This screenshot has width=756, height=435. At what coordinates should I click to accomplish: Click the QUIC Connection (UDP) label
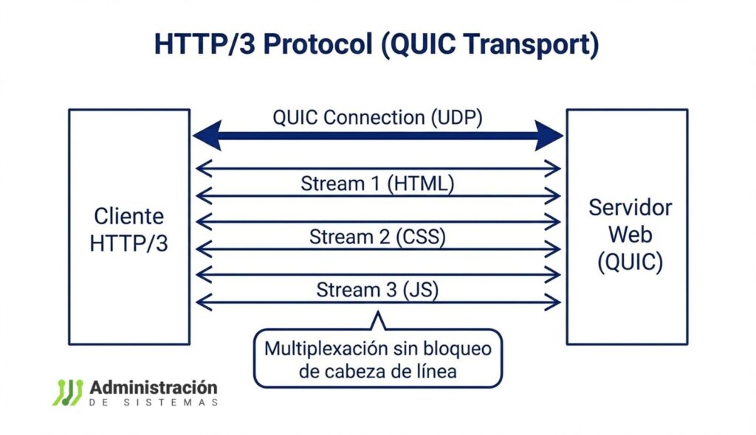coord(377,118)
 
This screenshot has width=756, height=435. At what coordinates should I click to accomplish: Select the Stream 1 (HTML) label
coord(377,184)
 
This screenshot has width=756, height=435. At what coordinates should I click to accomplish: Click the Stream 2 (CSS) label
coord(377,237)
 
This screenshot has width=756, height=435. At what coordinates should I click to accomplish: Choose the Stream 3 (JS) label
coord(377,290)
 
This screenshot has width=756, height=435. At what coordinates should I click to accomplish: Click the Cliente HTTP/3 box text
coord(128,230)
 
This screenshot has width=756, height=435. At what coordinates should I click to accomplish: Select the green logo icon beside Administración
coord(67,392)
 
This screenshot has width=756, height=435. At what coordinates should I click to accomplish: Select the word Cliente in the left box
coord(128,217)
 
